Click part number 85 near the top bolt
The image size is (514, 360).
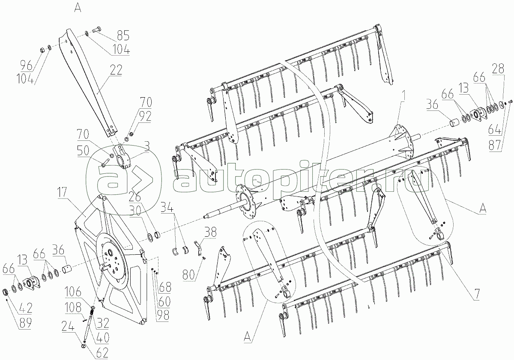coord(123,35)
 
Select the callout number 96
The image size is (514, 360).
coord(27,65)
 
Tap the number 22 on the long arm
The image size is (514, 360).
coord(116,70)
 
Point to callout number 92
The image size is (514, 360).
coord(145,116)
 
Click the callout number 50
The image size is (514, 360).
coord(83,151)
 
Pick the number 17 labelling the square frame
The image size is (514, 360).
coord(62,192)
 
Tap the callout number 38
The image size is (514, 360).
coord(210,232)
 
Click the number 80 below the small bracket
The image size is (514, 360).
coord(189,275)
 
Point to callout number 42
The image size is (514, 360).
coord(26,308)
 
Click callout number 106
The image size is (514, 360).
coord(73,292)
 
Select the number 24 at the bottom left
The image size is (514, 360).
coord(68,326)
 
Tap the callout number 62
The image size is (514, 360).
coord(102,353)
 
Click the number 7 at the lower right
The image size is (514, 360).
coord(477,295)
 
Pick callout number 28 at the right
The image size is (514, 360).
coord(498,68)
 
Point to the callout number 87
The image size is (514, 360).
coord(495,145)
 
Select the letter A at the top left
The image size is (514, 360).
coord(78,9)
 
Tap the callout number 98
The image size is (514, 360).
coord(163,315)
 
